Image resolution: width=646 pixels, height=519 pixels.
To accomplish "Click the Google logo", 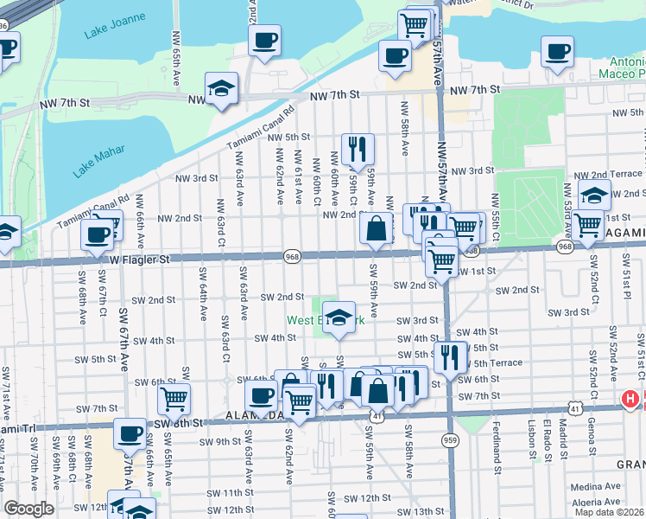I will coord(28,509).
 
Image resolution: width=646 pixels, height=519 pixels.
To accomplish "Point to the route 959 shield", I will coord(449,440).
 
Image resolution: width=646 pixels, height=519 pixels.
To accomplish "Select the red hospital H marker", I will coord(632,400).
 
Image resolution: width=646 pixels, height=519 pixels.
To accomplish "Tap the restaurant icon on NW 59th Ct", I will coord(357,149).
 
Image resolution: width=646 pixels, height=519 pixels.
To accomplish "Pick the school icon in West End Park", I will coord(340,317).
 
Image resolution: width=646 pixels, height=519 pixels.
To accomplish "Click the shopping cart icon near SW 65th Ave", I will coord(174,400).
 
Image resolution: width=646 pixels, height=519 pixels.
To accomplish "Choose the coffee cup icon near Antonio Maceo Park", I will coord(557,51).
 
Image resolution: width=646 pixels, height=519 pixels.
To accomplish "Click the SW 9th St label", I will coord(222,442).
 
